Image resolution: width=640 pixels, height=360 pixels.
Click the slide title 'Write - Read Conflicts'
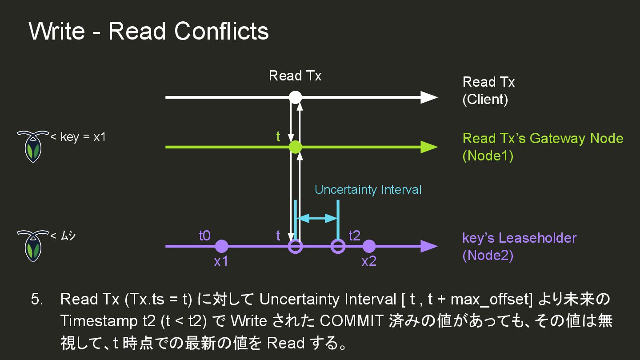click(148, 31)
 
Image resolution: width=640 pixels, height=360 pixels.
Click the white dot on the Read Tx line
click(295, 97)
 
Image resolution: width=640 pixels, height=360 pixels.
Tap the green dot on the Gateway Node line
click(295, 147)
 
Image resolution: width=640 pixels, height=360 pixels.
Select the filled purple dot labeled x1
click(221, 246)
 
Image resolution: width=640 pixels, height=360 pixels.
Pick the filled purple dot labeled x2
click(369, 246)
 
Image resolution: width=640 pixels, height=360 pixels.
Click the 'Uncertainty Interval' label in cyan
click(368, 190)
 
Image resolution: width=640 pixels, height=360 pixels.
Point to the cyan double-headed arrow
click(317, 218)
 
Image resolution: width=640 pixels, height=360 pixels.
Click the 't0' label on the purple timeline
click(204, 236)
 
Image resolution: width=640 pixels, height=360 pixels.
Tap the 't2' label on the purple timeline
click(355, 236)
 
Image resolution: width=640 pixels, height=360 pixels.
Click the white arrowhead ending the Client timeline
click(429, 97)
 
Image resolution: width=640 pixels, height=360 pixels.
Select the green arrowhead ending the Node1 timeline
click(429, 147)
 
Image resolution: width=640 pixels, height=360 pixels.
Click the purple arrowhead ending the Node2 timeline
click(429, 246)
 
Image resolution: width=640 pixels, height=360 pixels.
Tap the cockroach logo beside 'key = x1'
click(32, 146)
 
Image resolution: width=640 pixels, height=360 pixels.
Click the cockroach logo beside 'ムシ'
click(32, 246)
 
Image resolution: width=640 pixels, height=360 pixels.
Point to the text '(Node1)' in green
click(488, 156)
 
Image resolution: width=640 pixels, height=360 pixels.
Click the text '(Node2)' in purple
click(488, 256)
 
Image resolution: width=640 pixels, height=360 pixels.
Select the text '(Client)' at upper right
click(485, 99)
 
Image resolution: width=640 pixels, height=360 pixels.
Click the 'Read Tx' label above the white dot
click(295, 76)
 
